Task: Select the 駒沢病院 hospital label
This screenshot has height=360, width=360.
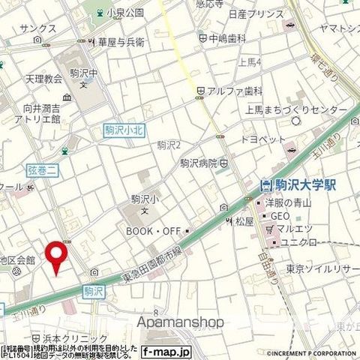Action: click(199, 163)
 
